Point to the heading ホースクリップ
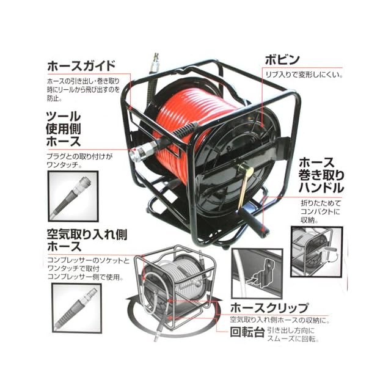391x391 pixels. pos(269,307)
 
